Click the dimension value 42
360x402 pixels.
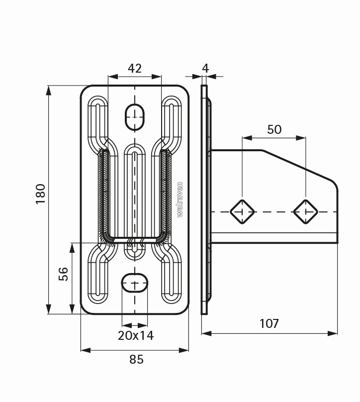coord(135,68)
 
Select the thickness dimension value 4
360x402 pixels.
coord(205,68)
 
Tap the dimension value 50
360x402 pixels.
coord(274,129)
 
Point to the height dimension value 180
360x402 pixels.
coord(41,194)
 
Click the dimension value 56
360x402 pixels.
coord(64,274)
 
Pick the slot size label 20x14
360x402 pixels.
coord(136,335)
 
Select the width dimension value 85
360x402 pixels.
coord(136,359)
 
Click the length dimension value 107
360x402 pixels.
coord(269,323)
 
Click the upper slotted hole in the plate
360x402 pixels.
coord(134,116)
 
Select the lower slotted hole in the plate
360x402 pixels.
coord(135,283)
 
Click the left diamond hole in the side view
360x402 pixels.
coord(242,212)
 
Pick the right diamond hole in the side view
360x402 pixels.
coord(305,212)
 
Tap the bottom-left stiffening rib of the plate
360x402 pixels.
coord(98,276)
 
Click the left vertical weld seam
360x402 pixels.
coord(105,194)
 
